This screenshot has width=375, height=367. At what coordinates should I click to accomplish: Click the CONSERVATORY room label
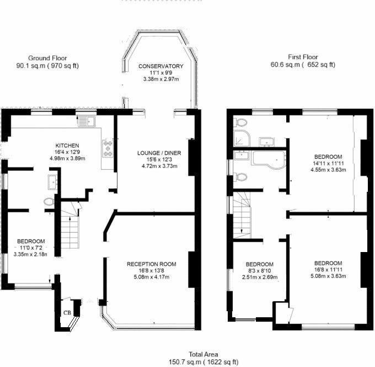(160, 66)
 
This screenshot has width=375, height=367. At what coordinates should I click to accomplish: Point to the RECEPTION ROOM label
(151, 264)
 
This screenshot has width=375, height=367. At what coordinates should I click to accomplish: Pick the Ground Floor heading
(47, 57)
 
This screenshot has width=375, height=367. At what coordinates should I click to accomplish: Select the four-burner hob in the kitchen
(107, 148)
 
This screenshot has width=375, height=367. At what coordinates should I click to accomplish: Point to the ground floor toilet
(49, 202)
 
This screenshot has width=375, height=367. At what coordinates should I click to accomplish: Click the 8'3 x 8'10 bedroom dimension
(259, 271)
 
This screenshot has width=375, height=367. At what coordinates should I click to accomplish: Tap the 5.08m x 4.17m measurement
(151, 277)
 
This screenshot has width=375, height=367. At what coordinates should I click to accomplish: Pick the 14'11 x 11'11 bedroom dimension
(328, 164)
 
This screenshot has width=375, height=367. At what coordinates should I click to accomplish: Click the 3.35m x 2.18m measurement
(31, 255)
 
